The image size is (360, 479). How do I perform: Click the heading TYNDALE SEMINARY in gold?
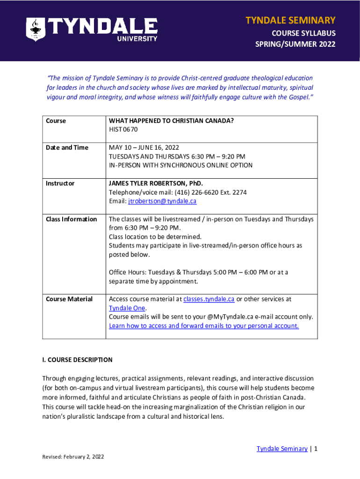pyautogui.click(x=290, y=20)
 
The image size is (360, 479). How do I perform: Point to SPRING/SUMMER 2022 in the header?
pyautogui.click(x=295, y=44)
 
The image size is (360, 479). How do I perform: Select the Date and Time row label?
pyautogui.click(x=67, y=148)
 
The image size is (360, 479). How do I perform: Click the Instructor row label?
pyautogui.click(x=60, y=183)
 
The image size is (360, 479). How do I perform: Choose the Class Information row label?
pyautogui.click(x=71, y=219)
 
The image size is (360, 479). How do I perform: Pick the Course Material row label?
pyautogui.click(x=69, y=299)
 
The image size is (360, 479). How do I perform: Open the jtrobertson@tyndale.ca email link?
pyautogui.click(x=162, y=201)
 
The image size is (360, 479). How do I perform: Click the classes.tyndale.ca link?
pyautogui.click(x=209, y=299)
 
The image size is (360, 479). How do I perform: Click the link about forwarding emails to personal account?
pyautogui.click(x=204, y=326)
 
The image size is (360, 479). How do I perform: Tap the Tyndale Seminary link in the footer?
pyautogui.click(x=282, y=449)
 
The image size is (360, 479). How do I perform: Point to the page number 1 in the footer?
pyautogui.click(x=316, y=449)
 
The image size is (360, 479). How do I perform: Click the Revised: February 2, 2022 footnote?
pyautogui.click(x=73, y=457)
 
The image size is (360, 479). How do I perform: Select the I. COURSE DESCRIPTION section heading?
pyautogui.click(x=77, y=360)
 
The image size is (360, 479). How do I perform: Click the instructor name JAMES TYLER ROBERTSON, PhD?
pyautogui.click(x=156, y=183)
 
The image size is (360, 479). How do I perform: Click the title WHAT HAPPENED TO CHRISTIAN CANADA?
pyautogui.click(x=171, y=121)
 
